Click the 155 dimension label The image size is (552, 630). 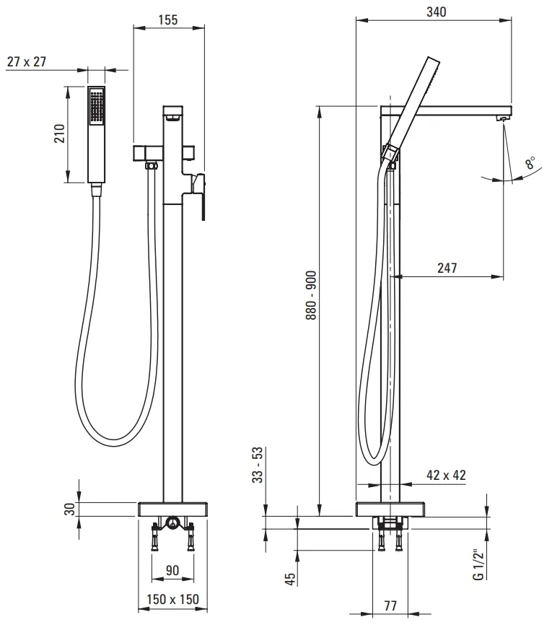coord(168,19)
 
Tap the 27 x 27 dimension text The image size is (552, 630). coord(27,62)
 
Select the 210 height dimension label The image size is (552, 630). coord(59,134)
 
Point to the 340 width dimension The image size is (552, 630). coord(437,12)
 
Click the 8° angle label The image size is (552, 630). coord(530,162)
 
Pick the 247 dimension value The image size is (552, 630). coord(447,268)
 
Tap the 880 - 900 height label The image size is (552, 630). coord(311,295)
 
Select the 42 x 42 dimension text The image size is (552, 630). coord(446,476)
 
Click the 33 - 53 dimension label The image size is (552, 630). coord(257,465)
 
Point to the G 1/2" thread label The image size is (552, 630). coord(478,564)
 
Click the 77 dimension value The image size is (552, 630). coord(390,605)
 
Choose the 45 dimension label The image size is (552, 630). coord(289,579)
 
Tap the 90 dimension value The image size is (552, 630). coord(172,571)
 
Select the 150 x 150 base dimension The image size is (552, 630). coord(172,600)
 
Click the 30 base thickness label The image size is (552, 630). coord(70,509)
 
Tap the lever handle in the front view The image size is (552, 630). coord(200,196)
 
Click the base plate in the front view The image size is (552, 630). coord(172,509)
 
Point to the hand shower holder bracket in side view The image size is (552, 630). coord(390,154)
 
